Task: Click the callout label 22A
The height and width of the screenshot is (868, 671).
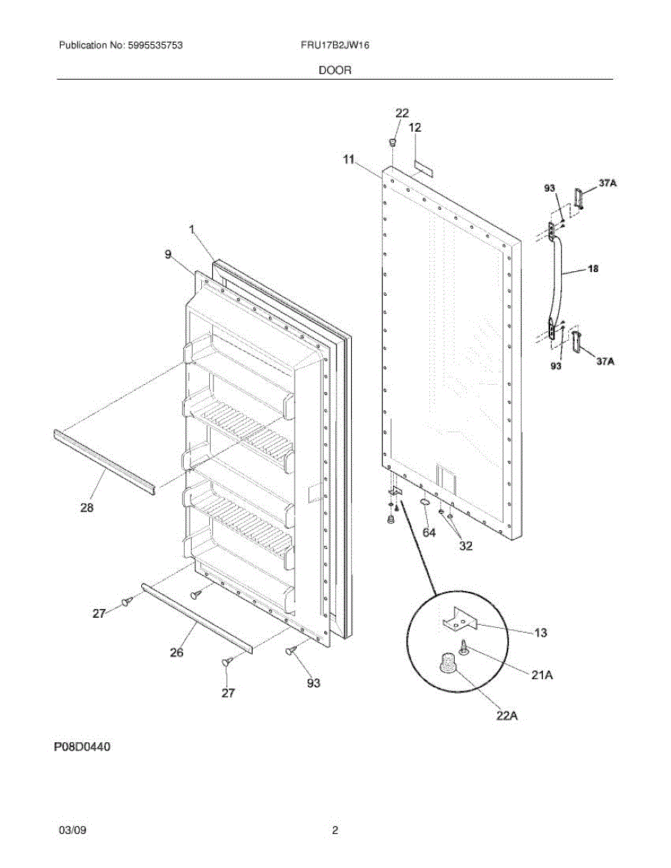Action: coord(507,716)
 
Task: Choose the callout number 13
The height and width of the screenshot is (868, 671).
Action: coord(540,634)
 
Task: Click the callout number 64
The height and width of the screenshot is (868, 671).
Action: coord(429,532)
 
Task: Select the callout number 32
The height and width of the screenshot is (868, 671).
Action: coord(465,546)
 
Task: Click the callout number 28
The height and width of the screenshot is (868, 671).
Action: coord(87,508)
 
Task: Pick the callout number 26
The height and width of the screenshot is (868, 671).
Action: coord(176,652)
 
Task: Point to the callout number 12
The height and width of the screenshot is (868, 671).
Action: coord(414,127)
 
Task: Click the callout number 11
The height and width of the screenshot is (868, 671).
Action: coord(350,159)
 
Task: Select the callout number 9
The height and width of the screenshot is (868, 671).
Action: coord(168,254)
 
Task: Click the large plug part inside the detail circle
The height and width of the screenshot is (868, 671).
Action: coord(448,662)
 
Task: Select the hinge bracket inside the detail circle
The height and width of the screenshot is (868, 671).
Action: coord(463,619)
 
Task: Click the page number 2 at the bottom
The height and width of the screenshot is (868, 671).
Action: coord(334,831)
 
